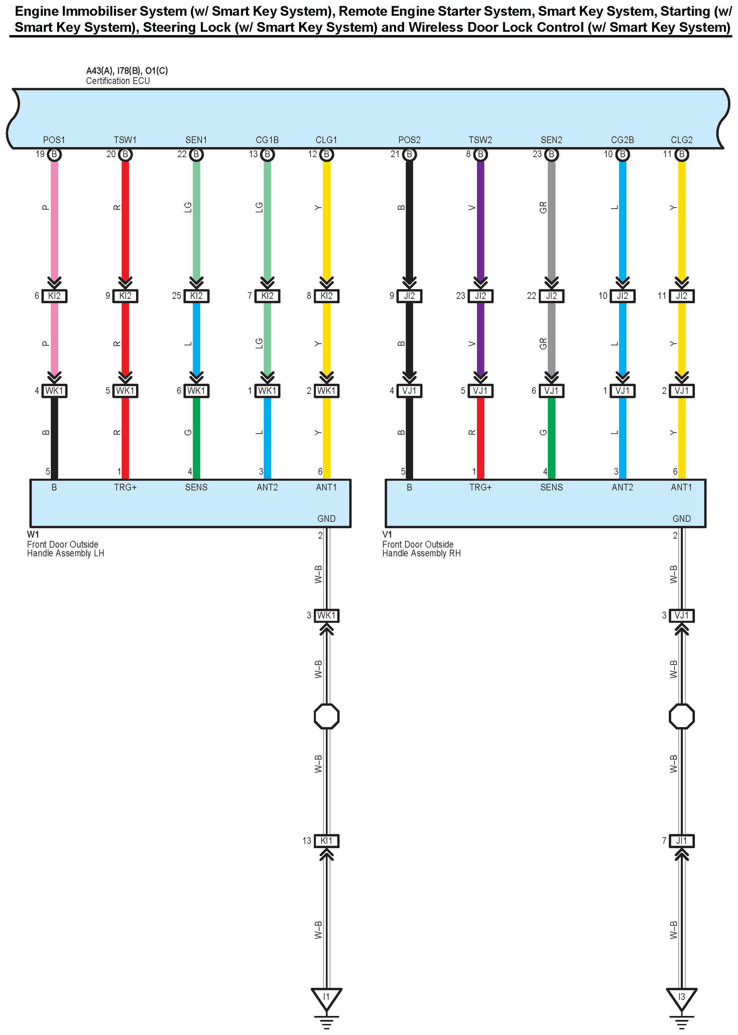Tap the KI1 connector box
(326, 841)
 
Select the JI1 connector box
(681, 841)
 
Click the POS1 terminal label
(54, 140)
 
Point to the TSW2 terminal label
(480, 140)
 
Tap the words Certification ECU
(118, 81)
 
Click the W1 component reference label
(33, 534)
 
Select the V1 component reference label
(387, 534)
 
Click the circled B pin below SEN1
(196, 154)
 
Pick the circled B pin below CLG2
(681, 154)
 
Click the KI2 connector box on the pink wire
(54, 296)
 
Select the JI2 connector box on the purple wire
(480, 296)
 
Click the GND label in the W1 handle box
(326, 518)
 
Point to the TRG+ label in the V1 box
(480, 487)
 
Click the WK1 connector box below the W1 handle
(326, 616)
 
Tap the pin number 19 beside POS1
(40, 154)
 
